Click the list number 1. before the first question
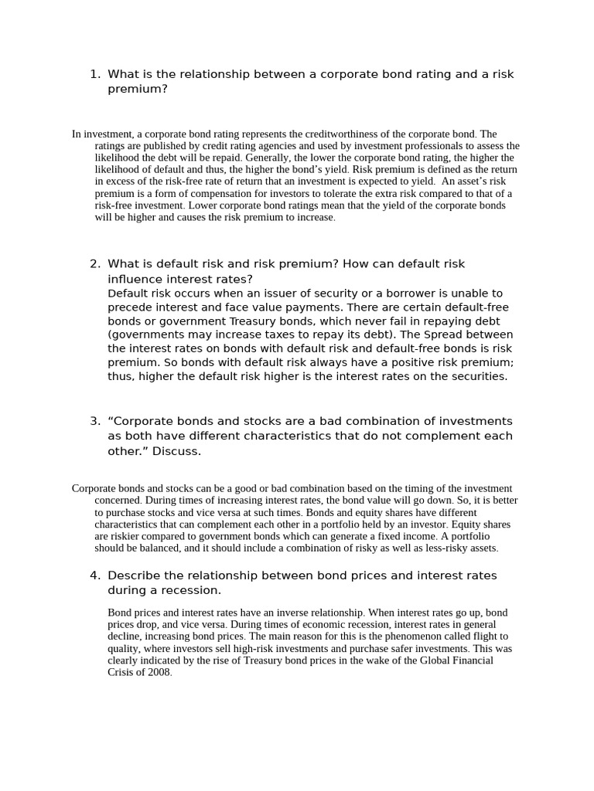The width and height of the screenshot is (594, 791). point(94,74)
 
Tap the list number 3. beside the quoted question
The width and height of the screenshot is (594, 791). point(94,421)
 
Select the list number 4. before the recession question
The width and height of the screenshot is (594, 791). point(94,575)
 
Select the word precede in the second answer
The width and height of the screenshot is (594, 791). point(128,308)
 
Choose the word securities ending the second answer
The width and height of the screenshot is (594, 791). point(476,376)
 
